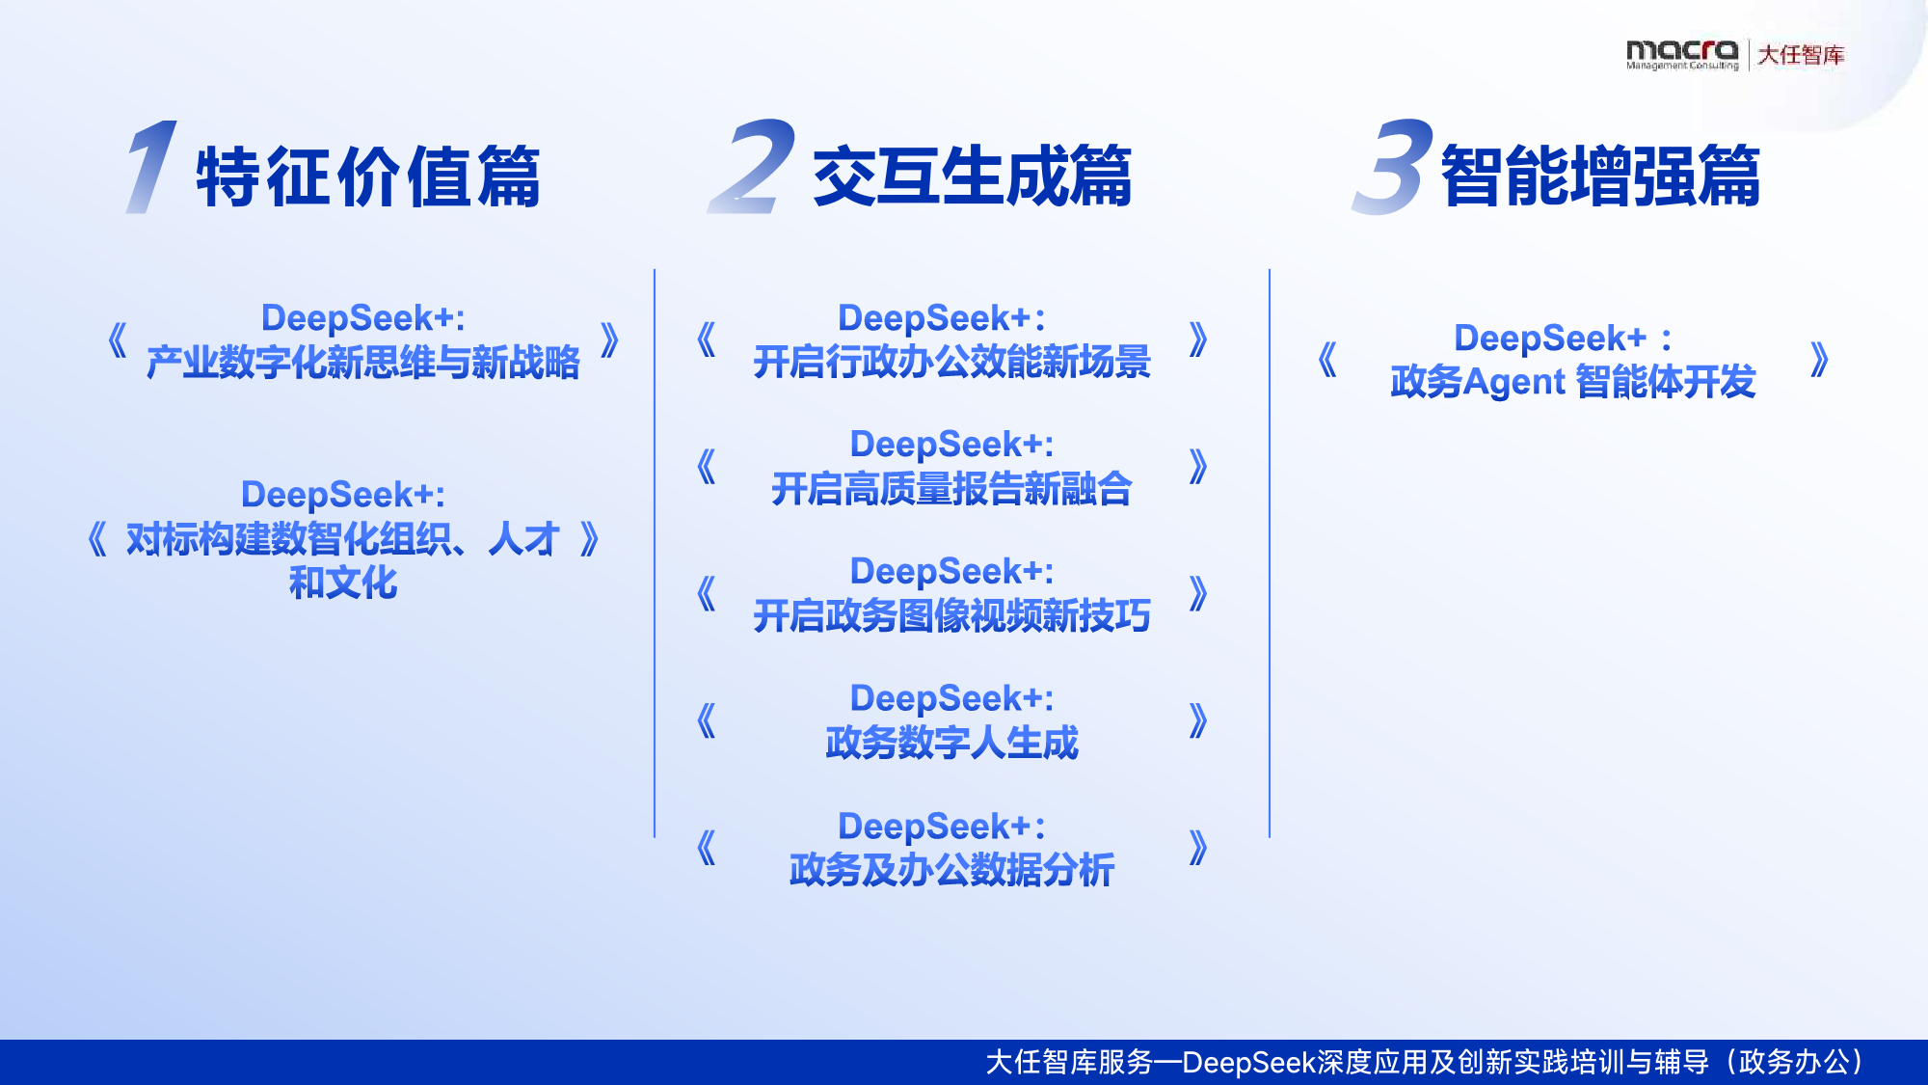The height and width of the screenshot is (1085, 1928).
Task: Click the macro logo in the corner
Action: point(1682,55)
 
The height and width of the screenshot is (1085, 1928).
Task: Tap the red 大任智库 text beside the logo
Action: point(1801,55)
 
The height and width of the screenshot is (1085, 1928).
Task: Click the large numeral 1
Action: point(151,166)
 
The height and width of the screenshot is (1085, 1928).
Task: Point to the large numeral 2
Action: point(752,166)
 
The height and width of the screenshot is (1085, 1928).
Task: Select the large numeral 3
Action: point(1392,166)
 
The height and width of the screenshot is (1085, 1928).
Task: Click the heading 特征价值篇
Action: point(368,176)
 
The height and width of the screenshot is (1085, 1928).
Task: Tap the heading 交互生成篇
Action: point(972,176)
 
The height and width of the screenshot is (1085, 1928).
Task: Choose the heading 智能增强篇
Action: point(1600,176)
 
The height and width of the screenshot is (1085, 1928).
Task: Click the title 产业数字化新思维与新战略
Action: point(362,363)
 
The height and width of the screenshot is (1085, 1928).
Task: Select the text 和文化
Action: point(343,583)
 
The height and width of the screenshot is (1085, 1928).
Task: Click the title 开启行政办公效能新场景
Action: point(951,363)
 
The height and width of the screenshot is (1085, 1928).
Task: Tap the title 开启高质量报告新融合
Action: point(951,489)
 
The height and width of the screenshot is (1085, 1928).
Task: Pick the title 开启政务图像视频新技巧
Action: point(951,616)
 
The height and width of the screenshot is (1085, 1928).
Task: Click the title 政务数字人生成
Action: point(951,743)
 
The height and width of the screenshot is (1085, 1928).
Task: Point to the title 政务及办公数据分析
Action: point(951,870)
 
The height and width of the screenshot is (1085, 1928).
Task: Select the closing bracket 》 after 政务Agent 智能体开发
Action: point(1819,361)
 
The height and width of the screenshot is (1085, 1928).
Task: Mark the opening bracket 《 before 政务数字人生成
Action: point(707,720)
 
